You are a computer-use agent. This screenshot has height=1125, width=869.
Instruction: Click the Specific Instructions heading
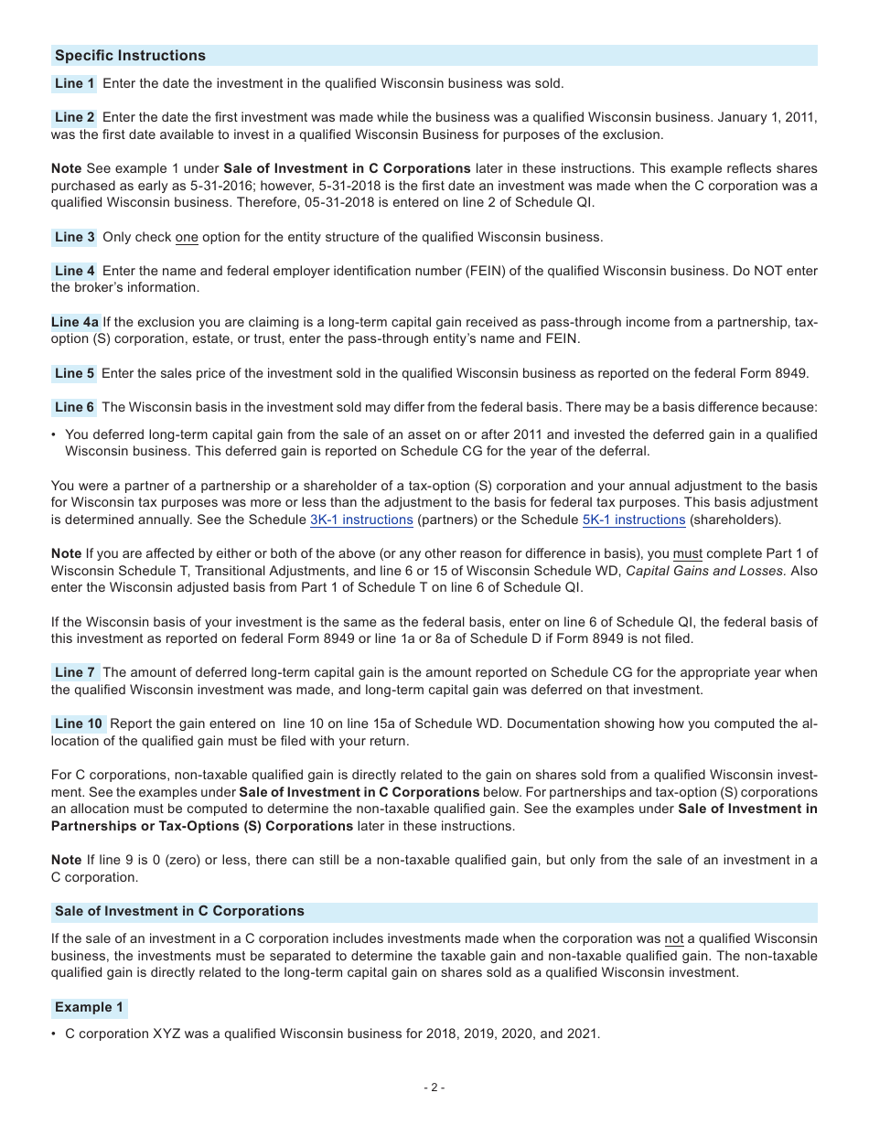point(130,56)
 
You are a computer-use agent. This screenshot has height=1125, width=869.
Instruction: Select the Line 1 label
point(74,83)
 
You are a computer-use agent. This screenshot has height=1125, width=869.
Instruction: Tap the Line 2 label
point(74,117)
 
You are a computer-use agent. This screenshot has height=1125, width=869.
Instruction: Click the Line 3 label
point(74,237)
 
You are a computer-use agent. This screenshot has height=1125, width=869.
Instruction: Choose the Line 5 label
point(74,373)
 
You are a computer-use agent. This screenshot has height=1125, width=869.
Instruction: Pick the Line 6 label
point(74,407)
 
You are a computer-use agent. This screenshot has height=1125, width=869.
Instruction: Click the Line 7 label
point(74,672)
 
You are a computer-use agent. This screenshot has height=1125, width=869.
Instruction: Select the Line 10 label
point(79,723)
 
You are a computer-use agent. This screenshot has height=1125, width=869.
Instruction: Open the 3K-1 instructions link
point(361,520)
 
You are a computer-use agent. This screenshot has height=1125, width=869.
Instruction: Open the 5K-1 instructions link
point(634,520)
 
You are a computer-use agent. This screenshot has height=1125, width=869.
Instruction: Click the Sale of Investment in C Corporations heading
point(179,911)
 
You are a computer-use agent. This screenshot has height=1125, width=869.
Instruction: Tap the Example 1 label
point(89,1007)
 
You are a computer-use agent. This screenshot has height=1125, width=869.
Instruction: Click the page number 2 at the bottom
point(434,1087)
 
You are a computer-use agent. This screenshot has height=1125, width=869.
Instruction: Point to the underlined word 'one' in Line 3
point(187,237)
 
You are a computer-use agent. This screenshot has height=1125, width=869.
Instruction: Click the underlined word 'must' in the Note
point(687,553)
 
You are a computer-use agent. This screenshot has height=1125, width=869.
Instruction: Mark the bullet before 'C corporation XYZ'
point(54,1034)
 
